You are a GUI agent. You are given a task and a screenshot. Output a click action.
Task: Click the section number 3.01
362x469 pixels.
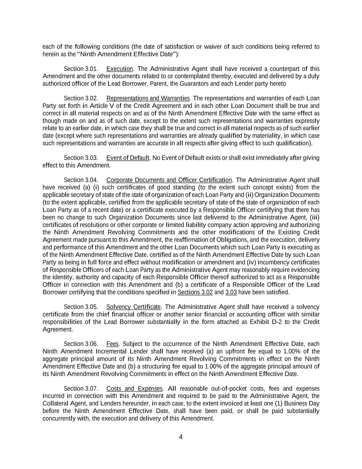[x=92, y=69]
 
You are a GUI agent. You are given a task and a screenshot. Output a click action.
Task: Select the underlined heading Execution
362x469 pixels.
[x=119, y=69]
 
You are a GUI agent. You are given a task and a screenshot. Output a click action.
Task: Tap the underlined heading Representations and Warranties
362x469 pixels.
[x=148, y=98]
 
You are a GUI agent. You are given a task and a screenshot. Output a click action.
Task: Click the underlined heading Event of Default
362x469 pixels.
[x=128, y=158]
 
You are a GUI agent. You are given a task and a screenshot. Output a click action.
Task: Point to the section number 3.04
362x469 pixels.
[x=92, y=180]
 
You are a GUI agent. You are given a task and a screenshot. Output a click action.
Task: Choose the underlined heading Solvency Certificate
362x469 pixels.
[x=133, y=307]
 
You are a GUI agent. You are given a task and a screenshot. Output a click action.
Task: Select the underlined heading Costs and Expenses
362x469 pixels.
[x=134, y=389]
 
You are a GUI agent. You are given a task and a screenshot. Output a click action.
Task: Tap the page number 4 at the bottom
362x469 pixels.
[x=181, y=437]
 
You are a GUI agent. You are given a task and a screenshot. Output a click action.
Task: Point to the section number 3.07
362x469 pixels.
[x=92, y=389]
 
